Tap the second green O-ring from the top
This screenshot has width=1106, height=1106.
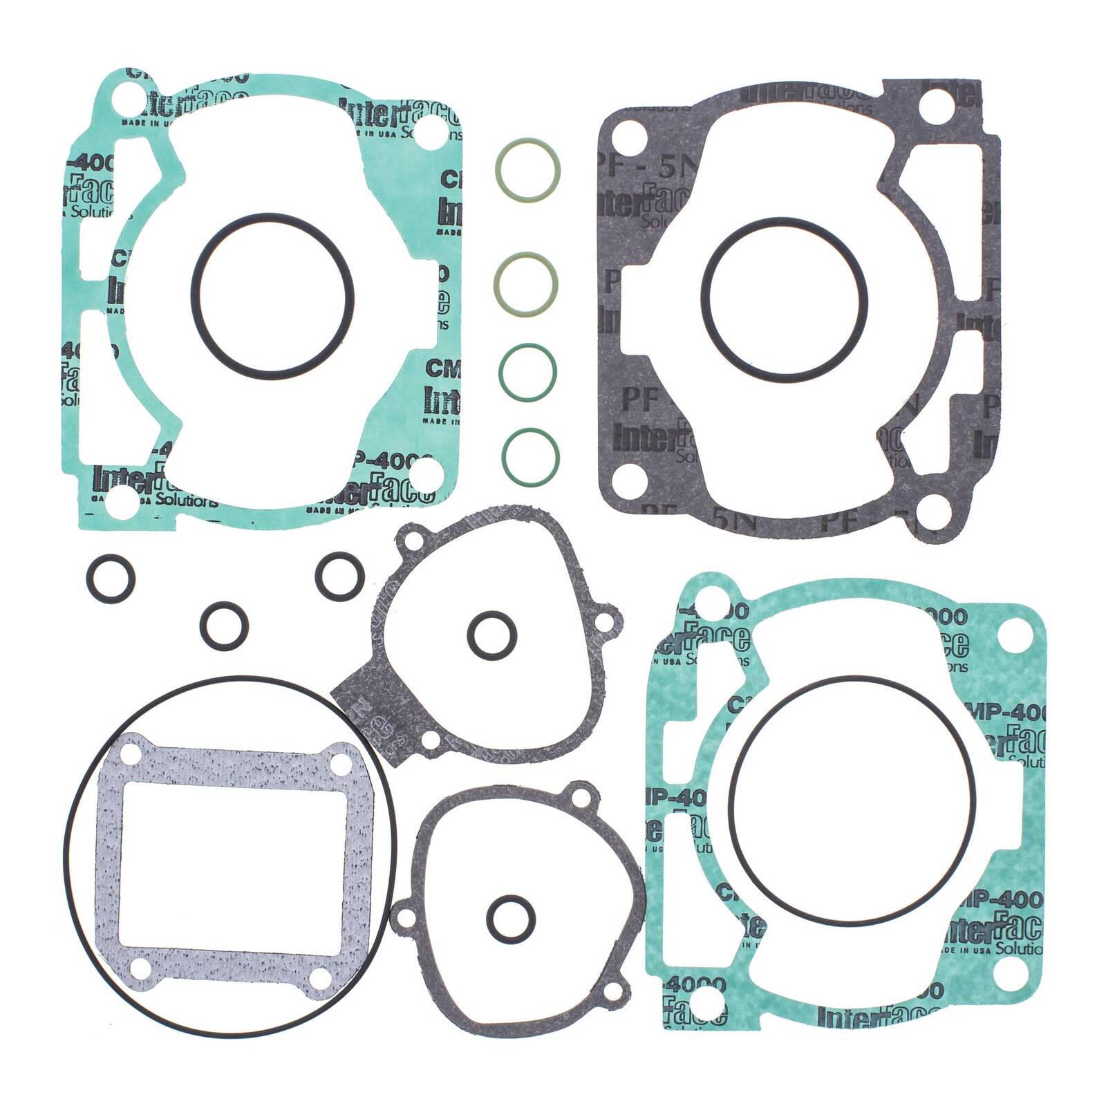pyautogui.click(x=527, y=283)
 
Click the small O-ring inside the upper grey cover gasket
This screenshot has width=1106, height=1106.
pyautogui.click(x=491, y=634)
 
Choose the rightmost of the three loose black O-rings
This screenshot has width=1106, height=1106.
pyautogui.click(x=339, y=576)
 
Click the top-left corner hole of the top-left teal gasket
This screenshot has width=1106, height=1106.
pyautogui.click(x=124, y=102)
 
